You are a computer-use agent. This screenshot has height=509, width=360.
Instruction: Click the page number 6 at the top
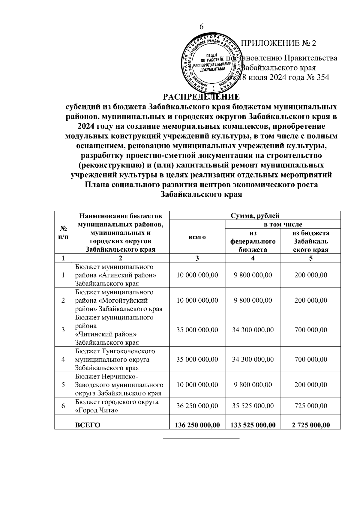point(202,27)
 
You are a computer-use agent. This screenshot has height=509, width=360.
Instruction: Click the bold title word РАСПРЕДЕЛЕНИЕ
point(201,97)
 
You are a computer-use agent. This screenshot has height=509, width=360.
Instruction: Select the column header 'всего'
point(197,237)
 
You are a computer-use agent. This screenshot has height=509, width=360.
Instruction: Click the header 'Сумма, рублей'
point(255,215)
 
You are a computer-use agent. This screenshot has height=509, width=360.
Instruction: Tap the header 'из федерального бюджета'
point(253,241)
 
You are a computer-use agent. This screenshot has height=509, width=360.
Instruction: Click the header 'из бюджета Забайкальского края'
point(310,241)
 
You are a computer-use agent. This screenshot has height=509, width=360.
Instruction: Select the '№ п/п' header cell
point(63,232)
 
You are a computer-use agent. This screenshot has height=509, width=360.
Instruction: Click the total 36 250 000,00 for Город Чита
point(197,406)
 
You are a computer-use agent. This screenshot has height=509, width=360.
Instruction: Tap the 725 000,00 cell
point(310,406)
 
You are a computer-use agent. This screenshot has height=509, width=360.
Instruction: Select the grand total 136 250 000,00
point(197,425)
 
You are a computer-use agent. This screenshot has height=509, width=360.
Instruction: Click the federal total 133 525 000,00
point(253,425)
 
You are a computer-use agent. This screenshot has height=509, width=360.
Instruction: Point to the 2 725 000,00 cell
point(310,425)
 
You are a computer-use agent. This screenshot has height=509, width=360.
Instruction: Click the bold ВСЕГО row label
point(88,425)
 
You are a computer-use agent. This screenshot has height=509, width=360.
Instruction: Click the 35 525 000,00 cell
point(253,406)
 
